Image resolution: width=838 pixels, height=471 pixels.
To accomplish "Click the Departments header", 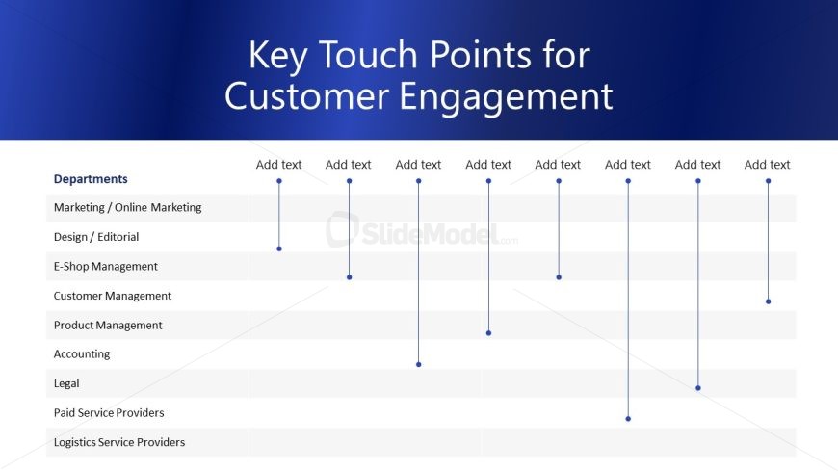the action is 91,179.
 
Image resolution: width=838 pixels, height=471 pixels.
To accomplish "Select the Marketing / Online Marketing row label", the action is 128,207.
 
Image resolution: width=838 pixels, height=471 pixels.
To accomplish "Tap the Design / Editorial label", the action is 96,237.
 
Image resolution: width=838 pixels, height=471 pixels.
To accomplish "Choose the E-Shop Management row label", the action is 105,266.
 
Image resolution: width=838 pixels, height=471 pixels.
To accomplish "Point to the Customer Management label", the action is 113,296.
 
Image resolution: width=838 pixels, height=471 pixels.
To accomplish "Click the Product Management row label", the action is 108,325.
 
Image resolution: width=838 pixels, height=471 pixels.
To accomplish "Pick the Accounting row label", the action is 82,353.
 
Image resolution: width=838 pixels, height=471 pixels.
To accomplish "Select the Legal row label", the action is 66,383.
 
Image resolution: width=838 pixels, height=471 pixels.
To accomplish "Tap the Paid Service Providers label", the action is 109,412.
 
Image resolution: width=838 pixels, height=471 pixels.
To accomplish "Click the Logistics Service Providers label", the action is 119,442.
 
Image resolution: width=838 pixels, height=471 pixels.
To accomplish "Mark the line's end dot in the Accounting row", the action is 418,365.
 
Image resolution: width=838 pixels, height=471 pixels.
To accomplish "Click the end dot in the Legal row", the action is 698,388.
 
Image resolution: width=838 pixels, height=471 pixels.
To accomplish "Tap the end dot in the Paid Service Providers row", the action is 628,419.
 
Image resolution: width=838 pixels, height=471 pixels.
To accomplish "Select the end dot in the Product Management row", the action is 488,333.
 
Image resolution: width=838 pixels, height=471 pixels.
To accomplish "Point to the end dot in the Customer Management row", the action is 768,301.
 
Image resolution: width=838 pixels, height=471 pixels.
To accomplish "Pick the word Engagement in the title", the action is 506,96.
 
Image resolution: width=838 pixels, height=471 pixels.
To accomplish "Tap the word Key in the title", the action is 278,56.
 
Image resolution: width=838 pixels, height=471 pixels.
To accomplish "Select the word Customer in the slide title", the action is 306,96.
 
